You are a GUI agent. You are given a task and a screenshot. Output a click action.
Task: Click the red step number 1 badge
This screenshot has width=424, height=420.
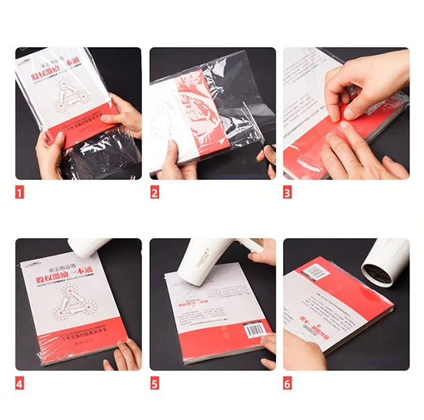(x=19, y=192)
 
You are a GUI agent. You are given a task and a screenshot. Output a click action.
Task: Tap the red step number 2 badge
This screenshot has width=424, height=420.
(x=154, y=192)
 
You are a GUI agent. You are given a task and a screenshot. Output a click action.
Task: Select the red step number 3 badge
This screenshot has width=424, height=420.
(x=287, y=192)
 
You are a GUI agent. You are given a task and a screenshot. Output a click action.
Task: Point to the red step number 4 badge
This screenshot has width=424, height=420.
(x=19, y=383)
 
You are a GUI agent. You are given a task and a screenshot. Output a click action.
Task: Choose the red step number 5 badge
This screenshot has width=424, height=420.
(x=154, y=383)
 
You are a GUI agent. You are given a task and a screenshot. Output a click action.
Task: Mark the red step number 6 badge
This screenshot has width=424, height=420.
(x=287, y=383)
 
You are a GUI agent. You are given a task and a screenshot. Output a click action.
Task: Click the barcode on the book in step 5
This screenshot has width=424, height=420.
(x=255, y=328)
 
